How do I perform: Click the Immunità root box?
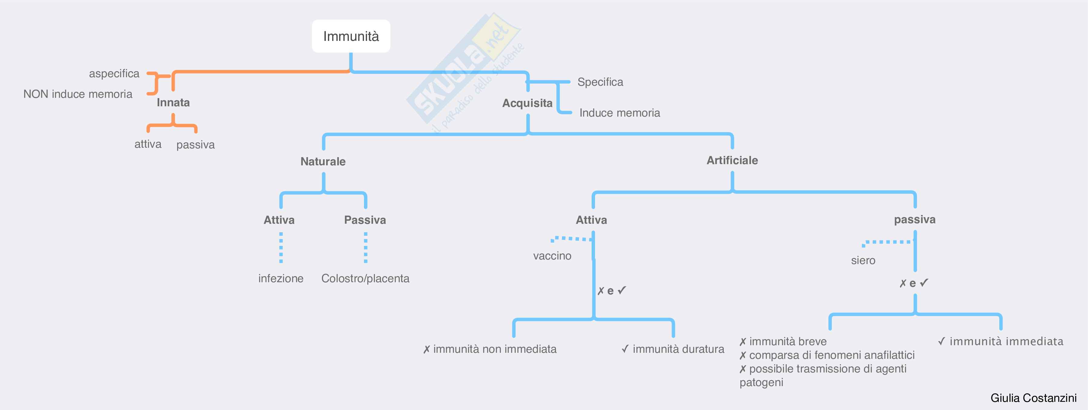coord(351,36)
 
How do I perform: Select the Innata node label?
coord(173,103)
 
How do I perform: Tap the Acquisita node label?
coord(527,103)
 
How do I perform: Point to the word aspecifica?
coord(114,74)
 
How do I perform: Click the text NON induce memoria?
coord(78,94)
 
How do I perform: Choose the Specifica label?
coord(600,82)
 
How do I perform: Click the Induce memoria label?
coord(619,113)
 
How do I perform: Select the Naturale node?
coord(323,161)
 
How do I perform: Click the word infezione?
coord(281,278)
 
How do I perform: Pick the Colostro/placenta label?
coord(365,278)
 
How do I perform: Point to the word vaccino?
coord(552,256)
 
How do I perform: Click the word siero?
coord(863,260)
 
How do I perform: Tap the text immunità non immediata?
coord(494,349)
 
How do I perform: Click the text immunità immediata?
coord(1006,341)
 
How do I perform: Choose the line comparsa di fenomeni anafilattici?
coord(831,355)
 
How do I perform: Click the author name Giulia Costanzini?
coord(1033,398)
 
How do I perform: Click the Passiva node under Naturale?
coord(365,220)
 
